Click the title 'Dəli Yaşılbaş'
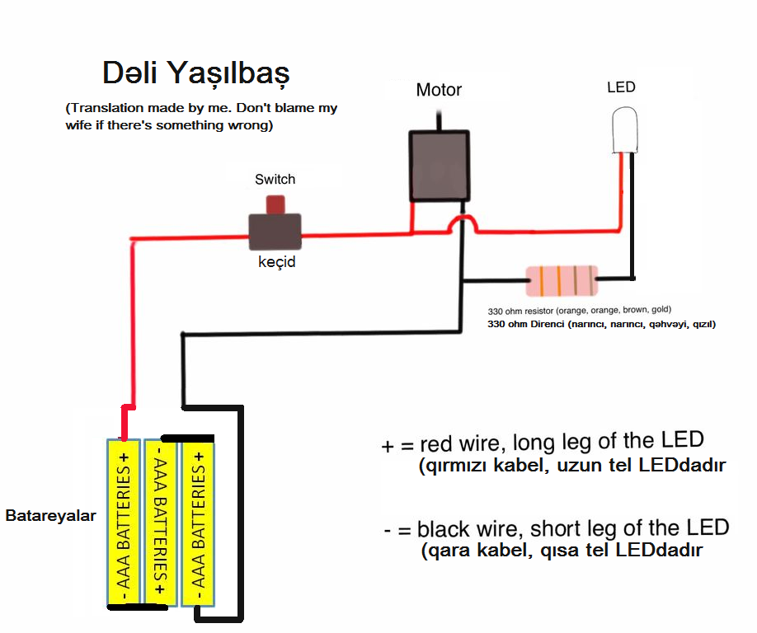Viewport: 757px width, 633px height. pyautogui.click(x=195, y=73)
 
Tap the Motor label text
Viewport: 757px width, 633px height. pyautogui.click(x=439, y=90)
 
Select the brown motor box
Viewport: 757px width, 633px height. pyautogui.click(x=440, y=165)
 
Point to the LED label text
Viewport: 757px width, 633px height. pyautogui.click(x=621, y=87)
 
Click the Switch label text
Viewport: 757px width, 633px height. pyautogui.click(x=275, y=179)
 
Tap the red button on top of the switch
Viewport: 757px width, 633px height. pyautogui.click(x=275, y=204)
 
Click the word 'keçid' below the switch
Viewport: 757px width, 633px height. pyautogui.click(x=276, y=263)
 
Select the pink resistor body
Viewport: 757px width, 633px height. pyautogui.click(x=562, y=281)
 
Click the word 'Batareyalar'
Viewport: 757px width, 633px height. pyautogui.click(x=50, y=517)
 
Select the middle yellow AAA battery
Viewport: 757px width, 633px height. pyautogui.click(x=161, y=522)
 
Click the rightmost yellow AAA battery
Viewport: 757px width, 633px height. pyautogui.click(x=199, y=522)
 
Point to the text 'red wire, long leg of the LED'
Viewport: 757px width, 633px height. pyautogui.click(x=561, y=443)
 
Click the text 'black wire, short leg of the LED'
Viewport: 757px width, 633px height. pyautogui.click(x=572, y=528)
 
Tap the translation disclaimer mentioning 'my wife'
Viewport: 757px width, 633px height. pyautogui.click(x=201, y=117)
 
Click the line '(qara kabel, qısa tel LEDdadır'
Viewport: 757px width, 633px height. pyautogui.click(x=561, y=550)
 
